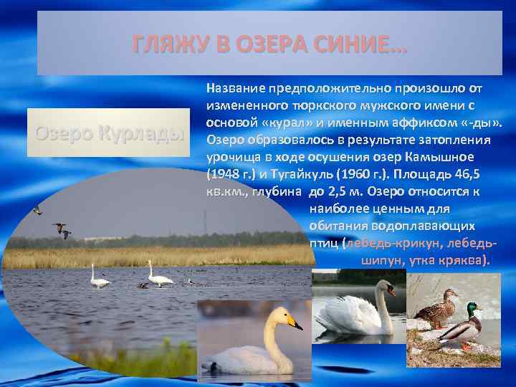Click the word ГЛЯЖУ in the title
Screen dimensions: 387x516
point(167,45)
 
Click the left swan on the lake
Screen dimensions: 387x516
point(99,278)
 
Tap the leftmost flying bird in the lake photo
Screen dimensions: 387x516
point(37,209)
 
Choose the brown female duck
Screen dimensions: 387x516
point(436,309)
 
